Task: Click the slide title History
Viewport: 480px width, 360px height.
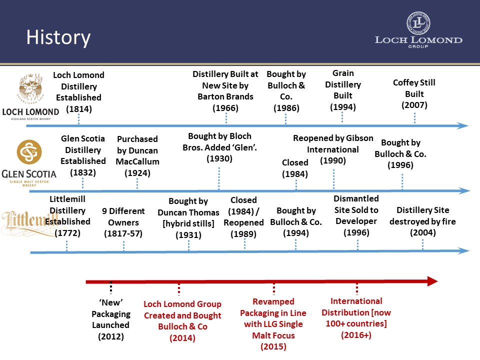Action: coord(58,38)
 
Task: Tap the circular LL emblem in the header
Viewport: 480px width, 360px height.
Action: coord(418,23)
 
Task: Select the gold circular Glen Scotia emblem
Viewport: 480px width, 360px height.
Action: coord(29,152)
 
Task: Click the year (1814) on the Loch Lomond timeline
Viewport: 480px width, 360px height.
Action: coord(78,109)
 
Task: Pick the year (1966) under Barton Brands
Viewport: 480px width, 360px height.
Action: coord(225,108)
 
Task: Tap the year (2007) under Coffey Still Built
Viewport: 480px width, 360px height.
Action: coord(414,105)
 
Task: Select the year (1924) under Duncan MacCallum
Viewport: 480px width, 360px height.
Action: coord(137,173)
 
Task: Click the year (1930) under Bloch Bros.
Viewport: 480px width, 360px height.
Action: coord(219,158)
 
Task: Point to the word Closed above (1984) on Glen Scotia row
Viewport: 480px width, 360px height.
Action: coord(295,162)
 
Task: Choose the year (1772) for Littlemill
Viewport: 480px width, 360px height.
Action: coord(67,233)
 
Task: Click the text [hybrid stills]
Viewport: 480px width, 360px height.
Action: coord(188,224)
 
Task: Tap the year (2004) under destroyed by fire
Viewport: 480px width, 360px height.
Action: coord(423,232)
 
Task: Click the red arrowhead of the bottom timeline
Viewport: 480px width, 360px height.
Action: coord(432,281)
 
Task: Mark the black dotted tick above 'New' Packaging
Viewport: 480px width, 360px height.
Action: coord(111,288)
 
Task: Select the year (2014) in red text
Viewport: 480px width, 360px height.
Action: coord(182,338)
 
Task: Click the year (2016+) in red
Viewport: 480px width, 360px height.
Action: coord(356,335)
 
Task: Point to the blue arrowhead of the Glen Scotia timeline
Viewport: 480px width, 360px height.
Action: coord(464,190)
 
